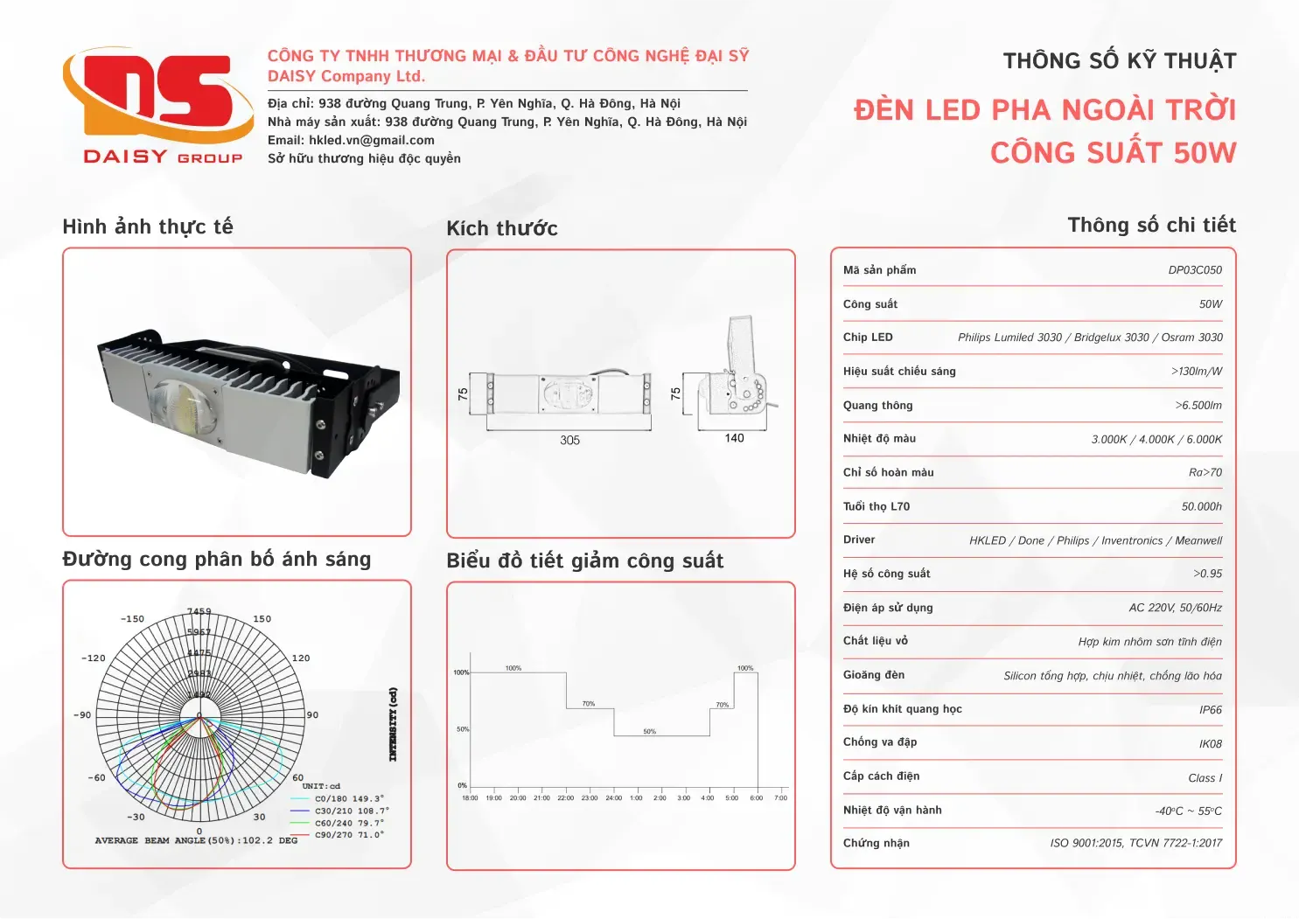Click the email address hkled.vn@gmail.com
pyautogui.click(x=372, y=140)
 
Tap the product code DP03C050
pyautogui.click(x=1195, y=270)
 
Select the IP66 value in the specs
pyautogui.click(x=1210, y=710)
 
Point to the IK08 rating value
pyautogui.click(x=1210, y=744)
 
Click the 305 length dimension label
pyautogui.click(x=569, y=441)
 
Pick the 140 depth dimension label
pyautogui.click(x=734, y=438)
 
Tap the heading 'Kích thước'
pyautogui.click(x=502, y=228)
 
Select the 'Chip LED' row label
pyautogui.click(x=868, y=338)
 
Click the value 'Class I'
pyautogui.click(x=1205, y=778)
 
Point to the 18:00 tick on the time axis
pyautogui.click(x=470, y=797)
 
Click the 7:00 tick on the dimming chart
pyautogui.click(x=781, y=797)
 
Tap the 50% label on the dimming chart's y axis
pyautogui.click(x=462, y=729)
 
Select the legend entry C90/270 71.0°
pyautogui.click(x=349, y=835)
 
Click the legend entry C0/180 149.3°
pyautogui.click(x=349, y=798)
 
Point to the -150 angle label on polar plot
pyautogui.click(x=132, y=619)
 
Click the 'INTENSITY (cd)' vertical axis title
pyautogui.click(x=393, y=724)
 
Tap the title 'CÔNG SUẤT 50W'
pyautogui.click(x=1113, y=153)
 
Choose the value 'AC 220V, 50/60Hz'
pyautogui.click(x=1175, y=608)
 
